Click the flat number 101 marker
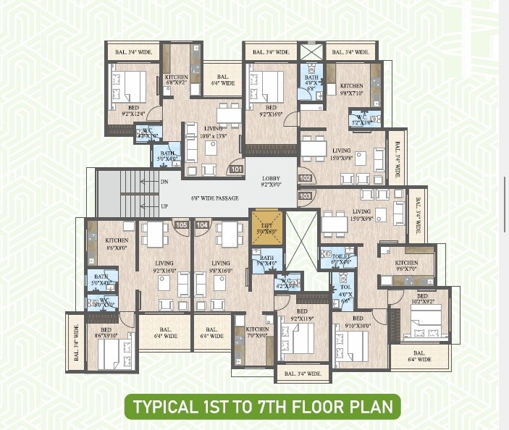236,169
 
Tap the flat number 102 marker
304,178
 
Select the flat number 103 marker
304,195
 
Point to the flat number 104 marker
202,225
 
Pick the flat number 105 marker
181,225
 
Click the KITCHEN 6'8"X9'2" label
176,80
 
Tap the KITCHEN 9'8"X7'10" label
352,89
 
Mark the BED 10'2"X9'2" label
421,300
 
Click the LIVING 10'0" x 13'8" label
212,132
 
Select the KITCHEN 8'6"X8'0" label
117,243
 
